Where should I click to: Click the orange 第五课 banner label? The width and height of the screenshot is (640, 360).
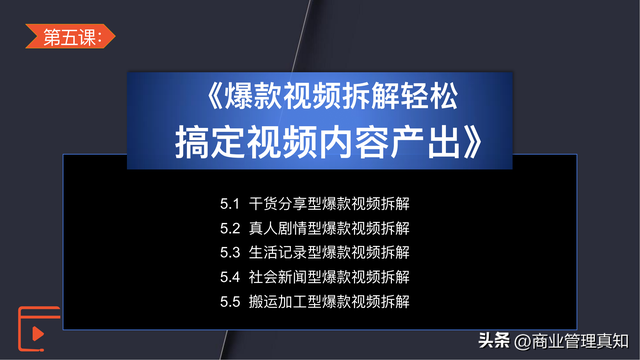pyautogui.click(x=70, y=36)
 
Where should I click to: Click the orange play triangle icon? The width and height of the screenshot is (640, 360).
pyautogui.click(x=38, y=333)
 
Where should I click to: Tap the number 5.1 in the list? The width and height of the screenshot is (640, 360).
pyautogui.click(x=229, y=204)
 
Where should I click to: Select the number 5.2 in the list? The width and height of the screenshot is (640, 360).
pyautogui.click(x=230, y=228)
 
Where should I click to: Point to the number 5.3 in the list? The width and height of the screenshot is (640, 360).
pyautogui.click(x=230, y=253)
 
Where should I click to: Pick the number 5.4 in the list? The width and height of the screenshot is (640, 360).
pyautogui.click(x=230, y=277)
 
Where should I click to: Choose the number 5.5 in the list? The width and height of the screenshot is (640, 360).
pyautogui.click(x=230, y=302)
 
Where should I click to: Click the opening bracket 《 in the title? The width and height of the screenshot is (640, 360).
pyautogui.click(x=215, y=96)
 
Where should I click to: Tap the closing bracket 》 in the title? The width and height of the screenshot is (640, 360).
pyautogui.click(x=473, y=142)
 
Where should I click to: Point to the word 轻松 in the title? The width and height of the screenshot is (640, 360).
pyautogui.click(x=429, y=96)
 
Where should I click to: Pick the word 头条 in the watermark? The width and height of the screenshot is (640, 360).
pyautogui.click(x=494, y=340)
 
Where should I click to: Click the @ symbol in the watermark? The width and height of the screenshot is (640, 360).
pyautogui.click(x=522, y=342)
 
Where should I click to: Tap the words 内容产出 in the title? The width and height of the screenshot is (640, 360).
pyautogui.click(x=391, y=142)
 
